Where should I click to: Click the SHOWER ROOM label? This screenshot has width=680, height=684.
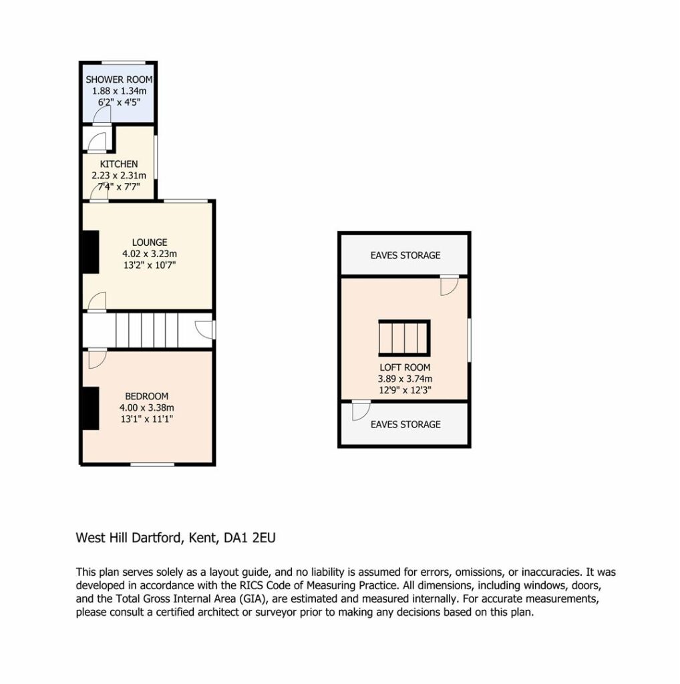[x=119, y=79]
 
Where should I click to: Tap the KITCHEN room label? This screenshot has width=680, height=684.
[x=119, y=164]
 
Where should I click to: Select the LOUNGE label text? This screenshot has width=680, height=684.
[x=150, y=242]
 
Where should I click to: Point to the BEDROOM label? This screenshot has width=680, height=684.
[x=146, y=396]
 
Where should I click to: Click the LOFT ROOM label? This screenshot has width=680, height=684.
[x=405, y=367]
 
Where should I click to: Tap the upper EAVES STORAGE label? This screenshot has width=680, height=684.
[x=405, y=255]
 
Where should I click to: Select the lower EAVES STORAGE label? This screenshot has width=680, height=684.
[x=405, y=424]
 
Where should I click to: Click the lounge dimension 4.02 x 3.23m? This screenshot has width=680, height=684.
[x=150, y=253]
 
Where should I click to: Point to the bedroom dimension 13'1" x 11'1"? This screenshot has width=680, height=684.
[x=147, y=419]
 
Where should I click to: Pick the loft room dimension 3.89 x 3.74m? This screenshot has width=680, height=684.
[x=405, y=379]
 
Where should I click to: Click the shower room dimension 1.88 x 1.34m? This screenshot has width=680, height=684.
[x=119, y=91]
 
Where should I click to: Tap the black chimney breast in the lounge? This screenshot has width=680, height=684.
[x=91, y=252]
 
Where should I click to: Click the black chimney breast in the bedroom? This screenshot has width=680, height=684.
[x=91, y=408]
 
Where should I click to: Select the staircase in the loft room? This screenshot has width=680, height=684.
[x=404, y=338]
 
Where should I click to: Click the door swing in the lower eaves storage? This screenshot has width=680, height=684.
[x=361, y=411]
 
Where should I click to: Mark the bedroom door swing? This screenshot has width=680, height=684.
[x=98, y=359]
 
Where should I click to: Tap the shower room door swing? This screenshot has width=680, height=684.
[x=102, y=116]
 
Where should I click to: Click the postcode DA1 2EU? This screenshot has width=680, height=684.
[x=250, y=538]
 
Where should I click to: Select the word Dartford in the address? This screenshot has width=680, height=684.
[x=156, y=538]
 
